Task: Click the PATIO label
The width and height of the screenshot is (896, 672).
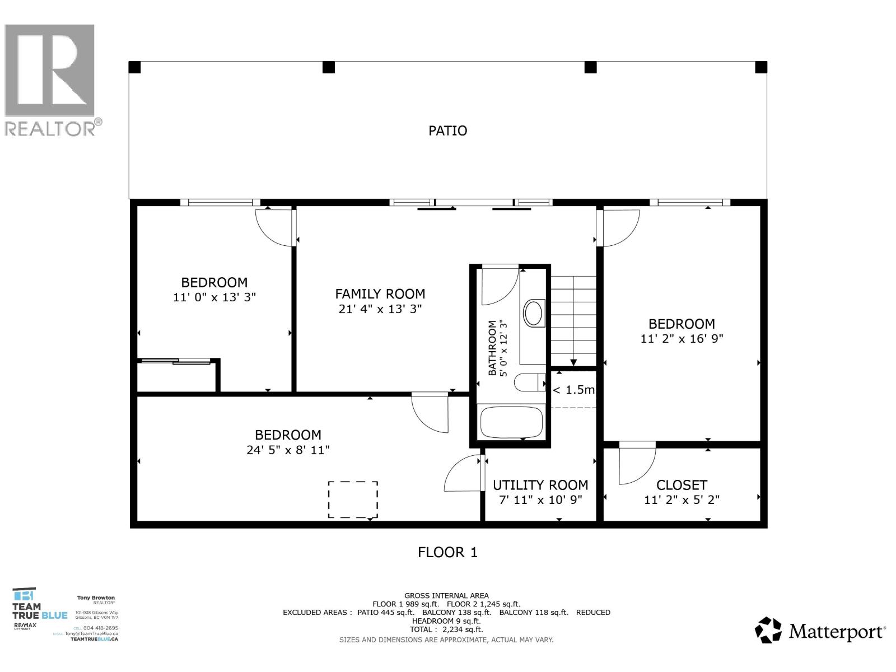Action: (447, 130)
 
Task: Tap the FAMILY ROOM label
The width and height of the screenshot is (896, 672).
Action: (380, 294)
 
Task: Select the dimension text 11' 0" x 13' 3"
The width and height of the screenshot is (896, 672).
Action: (214, 297)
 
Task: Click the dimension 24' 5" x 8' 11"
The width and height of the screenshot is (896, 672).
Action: (288, 450)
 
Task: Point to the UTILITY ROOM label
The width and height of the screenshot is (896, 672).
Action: (540, 485)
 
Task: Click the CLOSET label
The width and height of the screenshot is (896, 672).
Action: (682, 485)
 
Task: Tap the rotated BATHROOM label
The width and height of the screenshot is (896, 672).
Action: (492, 348)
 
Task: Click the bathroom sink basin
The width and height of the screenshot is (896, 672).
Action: (534, 314)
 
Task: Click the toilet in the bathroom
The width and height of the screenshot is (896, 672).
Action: (528, 383)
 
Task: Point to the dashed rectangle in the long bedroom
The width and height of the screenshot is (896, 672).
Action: (353, 500)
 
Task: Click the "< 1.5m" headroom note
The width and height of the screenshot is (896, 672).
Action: (573, 390)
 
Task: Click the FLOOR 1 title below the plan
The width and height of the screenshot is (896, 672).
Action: (447, 552)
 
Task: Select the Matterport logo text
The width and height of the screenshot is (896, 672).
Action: (837, 632)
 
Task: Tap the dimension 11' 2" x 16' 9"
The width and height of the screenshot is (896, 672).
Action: (682, 339)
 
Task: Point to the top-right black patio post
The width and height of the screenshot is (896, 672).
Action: (760, 68)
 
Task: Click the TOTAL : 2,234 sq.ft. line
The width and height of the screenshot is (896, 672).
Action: (446, 629)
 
